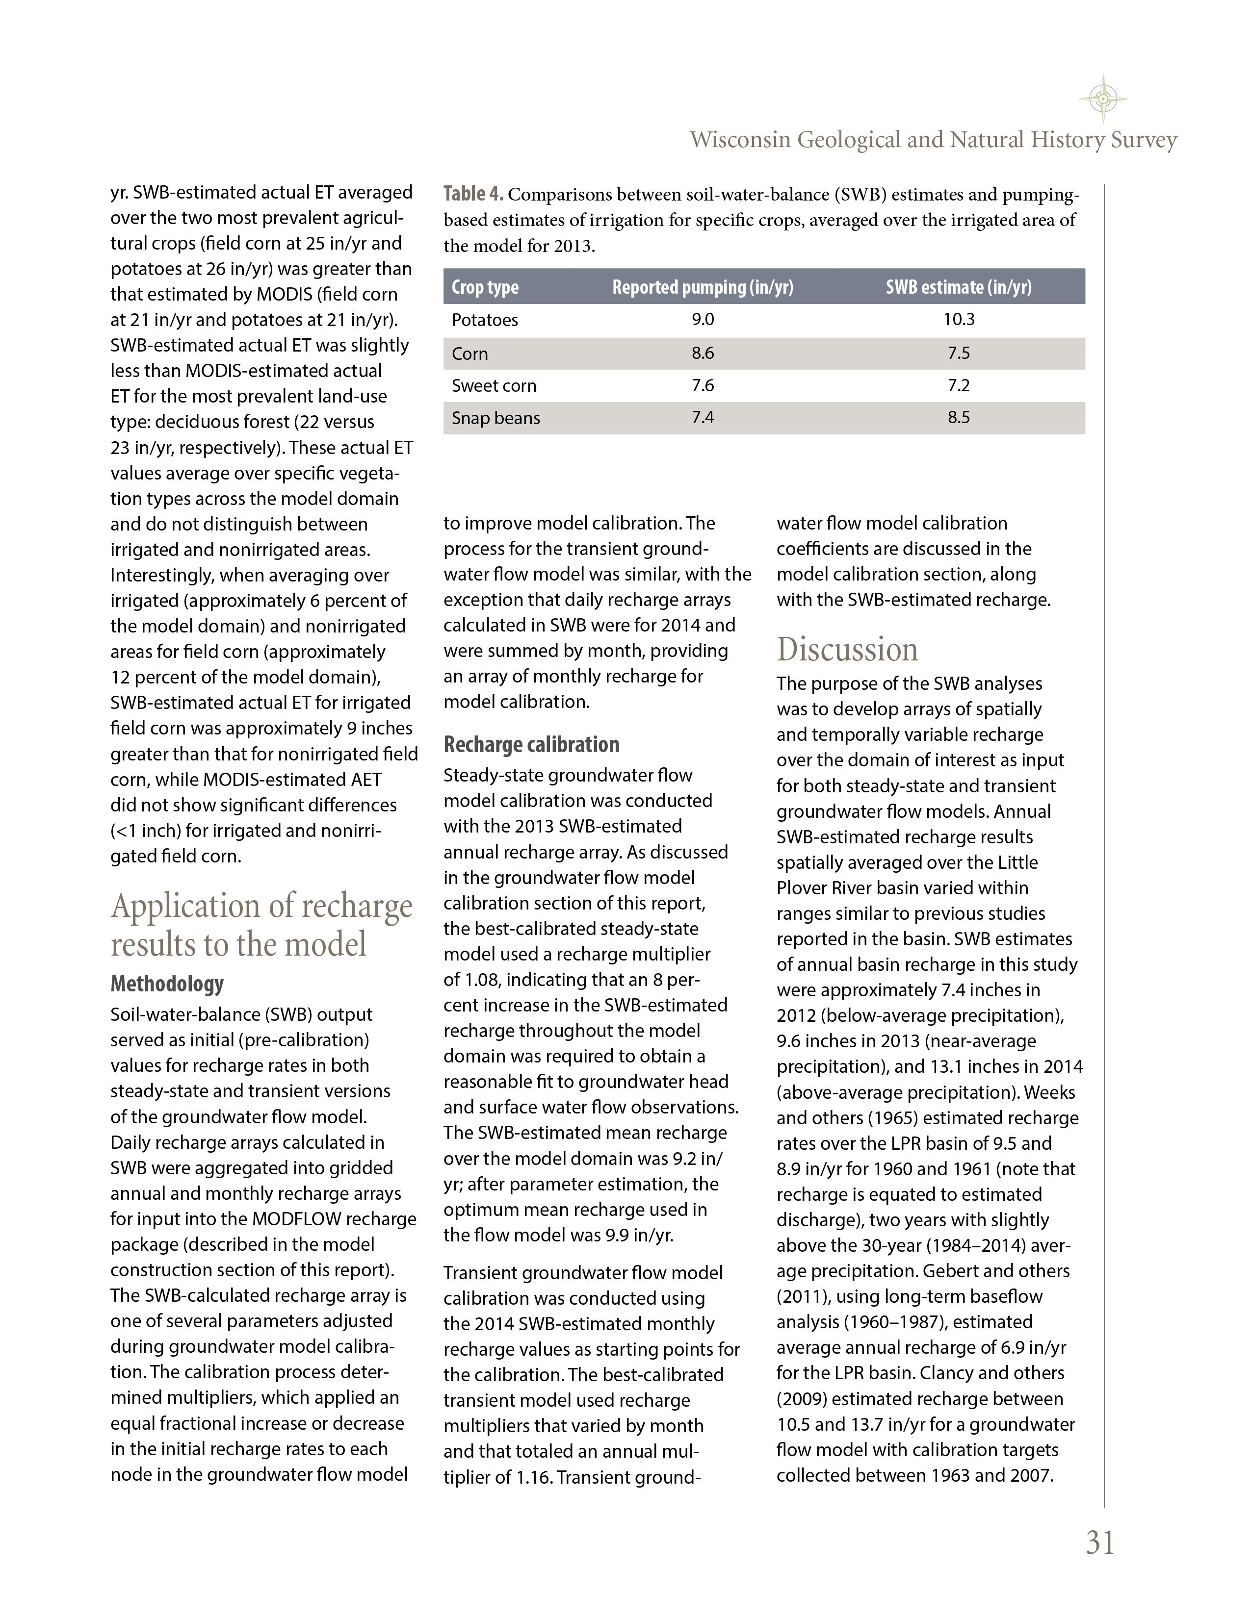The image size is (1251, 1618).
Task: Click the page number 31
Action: coord(1100,1542)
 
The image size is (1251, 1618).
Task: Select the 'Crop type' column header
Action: coord(485,287)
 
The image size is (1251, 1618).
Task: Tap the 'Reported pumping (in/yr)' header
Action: coord(702,287)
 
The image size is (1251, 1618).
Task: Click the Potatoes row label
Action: coord(485,320)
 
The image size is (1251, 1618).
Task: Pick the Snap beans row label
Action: coord(496,418)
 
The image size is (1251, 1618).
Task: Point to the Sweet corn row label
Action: coord(494,386)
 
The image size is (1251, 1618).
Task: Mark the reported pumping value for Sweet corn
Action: coord(703,386)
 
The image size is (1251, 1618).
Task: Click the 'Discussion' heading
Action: coord(847,650)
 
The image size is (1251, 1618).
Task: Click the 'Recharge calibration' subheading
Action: coord(531,745)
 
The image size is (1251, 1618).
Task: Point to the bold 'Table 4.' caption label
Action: coord(473,194)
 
